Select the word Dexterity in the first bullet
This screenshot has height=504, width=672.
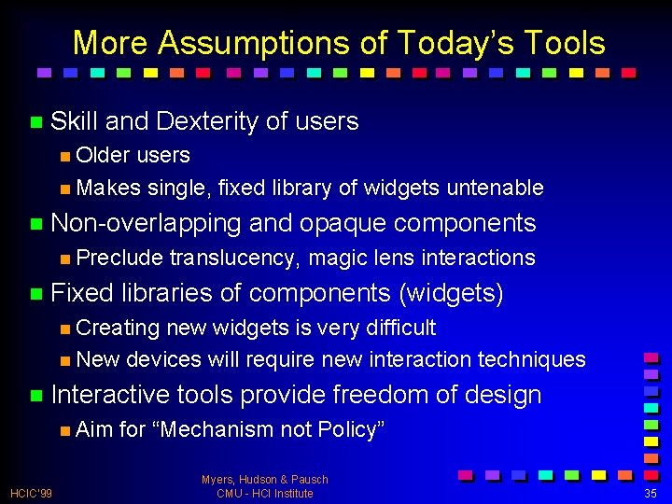coord(207,121)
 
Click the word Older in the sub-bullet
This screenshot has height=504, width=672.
coord(103,155)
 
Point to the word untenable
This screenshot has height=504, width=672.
coord(495,188)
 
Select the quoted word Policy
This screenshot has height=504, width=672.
coord(351,429)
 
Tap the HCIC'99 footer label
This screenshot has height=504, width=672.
coord(32,493)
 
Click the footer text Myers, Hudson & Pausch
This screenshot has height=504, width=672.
coord(264,479)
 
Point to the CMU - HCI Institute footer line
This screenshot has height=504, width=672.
coord(264,493)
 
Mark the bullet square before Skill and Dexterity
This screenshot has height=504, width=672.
coord(35,122)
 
